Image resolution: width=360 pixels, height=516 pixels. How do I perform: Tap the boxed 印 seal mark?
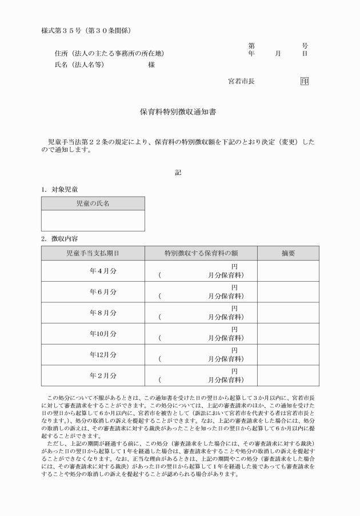click(x=305, y=81)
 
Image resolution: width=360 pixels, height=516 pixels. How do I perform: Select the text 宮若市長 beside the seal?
click(x=241, y=81)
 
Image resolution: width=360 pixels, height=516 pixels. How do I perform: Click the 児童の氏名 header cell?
click(x=93, y=203)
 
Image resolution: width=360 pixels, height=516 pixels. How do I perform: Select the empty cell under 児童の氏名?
click(x=93, y=221)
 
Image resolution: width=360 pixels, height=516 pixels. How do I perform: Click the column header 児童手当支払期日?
click(x=93, y=253)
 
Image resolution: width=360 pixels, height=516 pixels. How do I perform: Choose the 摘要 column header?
click(x=288, y=253)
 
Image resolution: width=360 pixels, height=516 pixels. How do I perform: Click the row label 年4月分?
click(x=103, y=271)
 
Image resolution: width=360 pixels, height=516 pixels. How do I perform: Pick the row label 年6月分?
click(x=103, y=292)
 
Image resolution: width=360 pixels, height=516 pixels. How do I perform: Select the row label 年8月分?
click(x=103, y=313)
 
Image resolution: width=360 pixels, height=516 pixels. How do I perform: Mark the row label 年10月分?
click(x=103, y=334)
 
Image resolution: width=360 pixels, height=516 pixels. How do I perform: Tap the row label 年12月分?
click(x=103, y=355)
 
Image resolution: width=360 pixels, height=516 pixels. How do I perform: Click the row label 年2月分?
click(x=103, y=375)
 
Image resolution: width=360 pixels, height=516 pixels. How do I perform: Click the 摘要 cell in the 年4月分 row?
click(x=288, y=271)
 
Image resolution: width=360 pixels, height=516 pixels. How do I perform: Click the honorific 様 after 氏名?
click(x=151, y=65)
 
